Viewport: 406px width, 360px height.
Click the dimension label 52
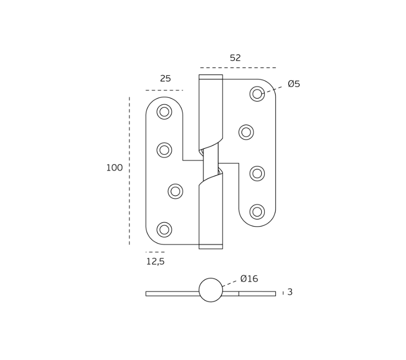tap(235, 58)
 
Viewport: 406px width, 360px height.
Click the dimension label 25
tap(165, 79)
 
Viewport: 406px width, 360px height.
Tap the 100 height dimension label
tap(114, 168)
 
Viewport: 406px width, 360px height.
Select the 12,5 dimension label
tap(155, 262)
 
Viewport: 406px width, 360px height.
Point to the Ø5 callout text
tap(294, 84)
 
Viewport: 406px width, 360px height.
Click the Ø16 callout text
tap(249, 279)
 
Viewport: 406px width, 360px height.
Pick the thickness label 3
tap(290, 292)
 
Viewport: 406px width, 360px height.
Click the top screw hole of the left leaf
tap(164, 112)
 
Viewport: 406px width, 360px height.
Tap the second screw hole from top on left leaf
tap(164, 150)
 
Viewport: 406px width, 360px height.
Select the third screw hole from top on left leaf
tap(176, 191)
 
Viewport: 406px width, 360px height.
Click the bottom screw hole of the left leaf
tap(164, 229)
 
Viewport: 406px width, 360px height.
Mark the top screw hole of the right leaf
tap(257, 94)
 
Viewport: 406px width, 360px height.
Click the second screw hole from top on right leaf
tap(246, 132)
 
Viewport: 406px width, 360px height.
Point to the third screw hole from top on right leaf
tap(257, 173)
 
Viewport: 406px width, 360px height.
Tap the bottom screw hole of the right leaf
tap(257, 212)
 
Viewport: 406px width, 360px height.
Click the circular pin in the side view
tap(211, 290)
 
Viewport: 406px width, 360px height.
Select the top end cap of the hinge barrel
tap(211, 77)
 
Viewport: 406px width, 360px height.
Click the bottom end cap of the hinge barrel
tap(211, 246)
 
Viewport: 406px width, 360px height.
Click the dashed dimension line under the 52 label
tap(238, 67)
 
